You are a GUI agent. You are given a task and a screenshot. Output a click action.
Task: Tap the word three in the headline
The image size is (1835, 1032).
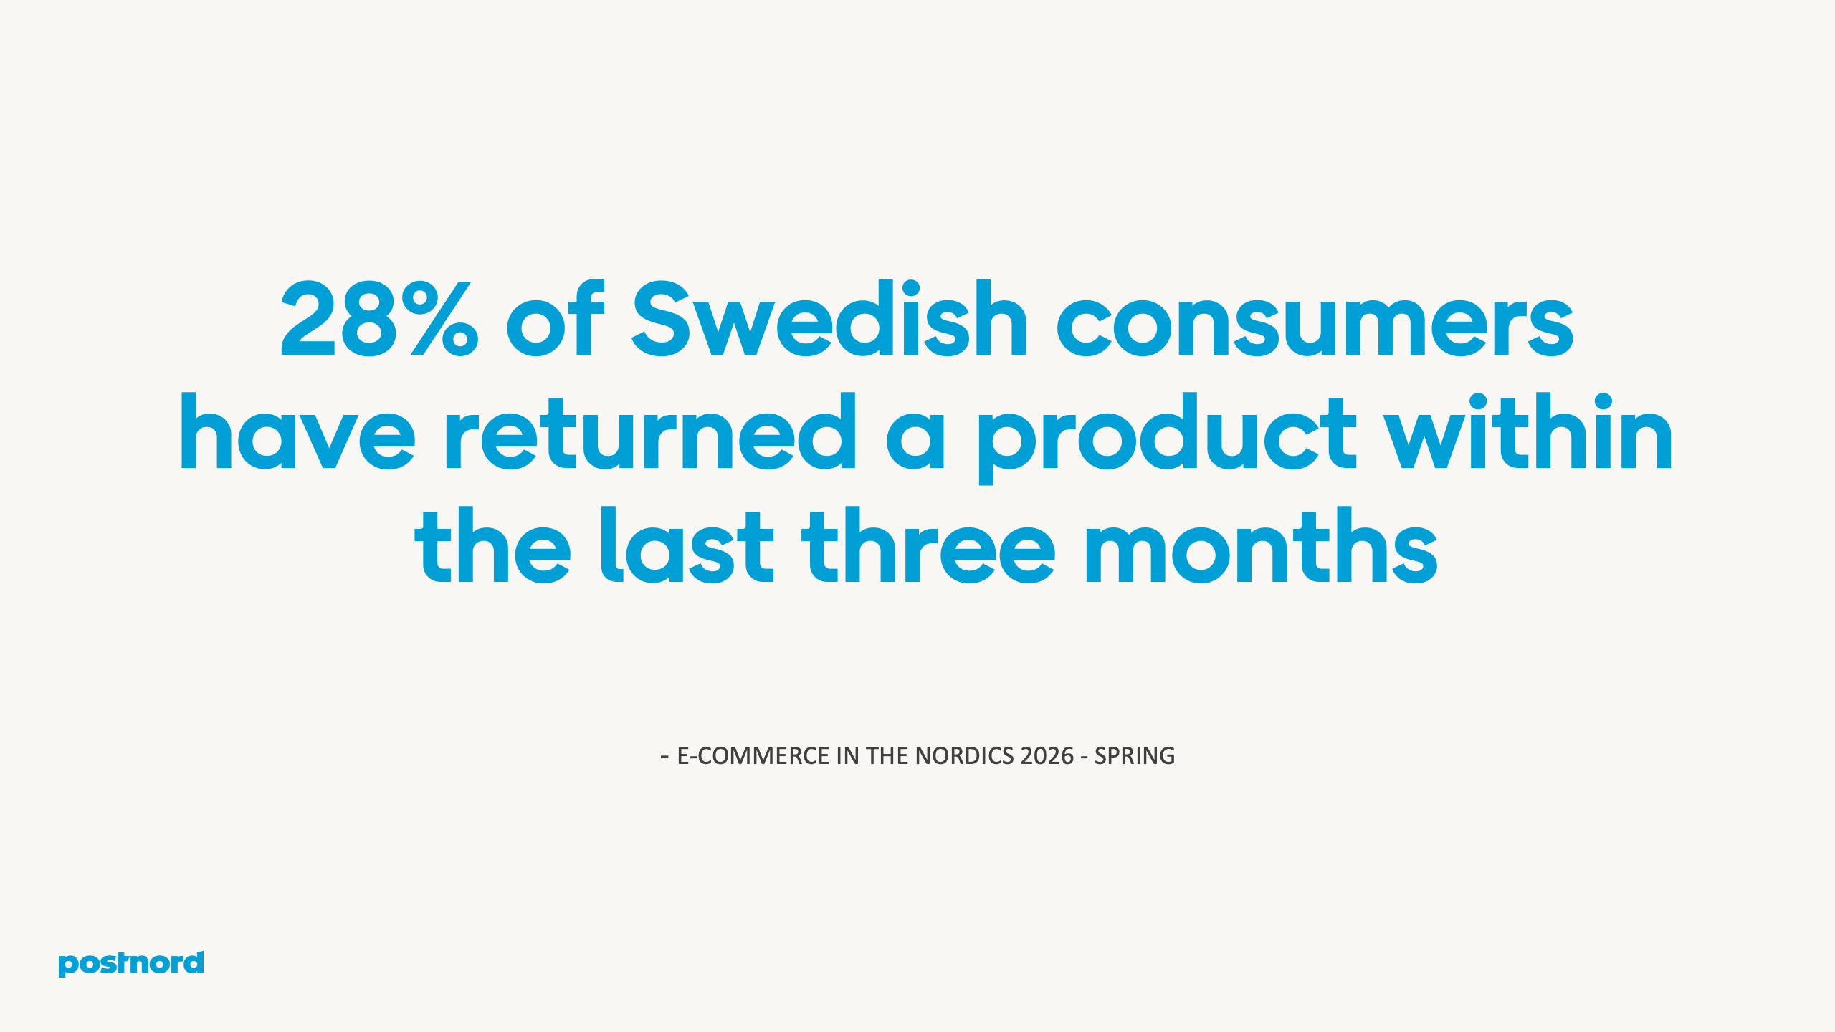[x=928, y=546]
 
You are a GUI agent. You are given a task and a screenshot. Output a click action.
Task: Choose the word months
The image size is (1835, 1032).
[x=1262, y=546]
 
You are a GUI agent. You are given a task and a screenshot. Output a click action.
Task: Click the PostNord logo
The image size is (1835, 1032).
[x=131, y=963]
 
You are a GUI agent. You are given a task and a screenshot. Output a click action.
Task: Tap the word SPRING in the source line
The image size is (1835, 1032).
[x=1135, y=756]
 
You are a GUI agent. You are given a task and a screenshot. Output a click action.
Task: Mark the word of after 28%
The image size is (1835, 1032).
[x=556, y=319]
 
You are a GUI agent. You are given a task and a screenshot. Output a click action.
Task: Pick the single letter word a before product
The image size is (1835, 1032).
[x=915, y=437]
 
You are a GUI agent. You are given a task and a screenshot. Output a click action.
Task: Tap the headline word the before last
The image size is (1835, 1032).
[x=492, y=546]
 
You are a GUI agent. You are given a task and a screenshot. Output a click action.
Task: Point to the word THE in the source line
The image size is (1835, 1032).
[x=887, y=756]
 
